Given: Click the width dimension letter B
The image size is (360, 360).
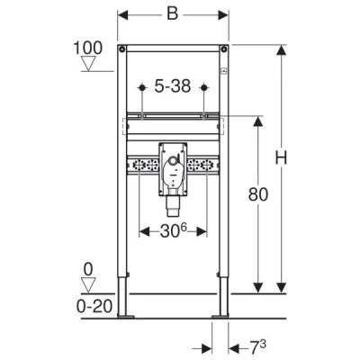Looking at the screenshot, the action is click(x=173, y=13).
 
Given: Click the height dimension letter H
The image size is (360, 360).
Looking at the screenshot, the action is click(x=281, y=157).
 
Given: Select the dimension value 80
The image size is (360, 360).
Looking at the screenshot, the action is click(x=258, y=194).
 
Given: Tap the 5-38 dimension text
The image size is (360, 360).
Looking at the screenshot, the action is click(x=173, y=86).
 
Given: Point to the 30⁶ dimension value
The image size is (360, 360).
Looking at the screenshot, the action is click(x=174, y=231).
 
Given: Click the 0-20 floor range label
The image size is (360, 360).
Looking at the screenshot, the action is click(x=94, y=306).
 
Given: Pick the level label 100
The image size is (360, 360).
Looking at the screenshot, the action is click(x=88, y=48).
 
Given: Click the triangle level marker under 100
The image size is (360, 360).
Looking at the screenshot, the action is click(x=88, y=64).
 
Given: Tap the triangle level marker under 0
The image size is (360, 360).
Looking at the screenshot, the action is click(x=88, y=284).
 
